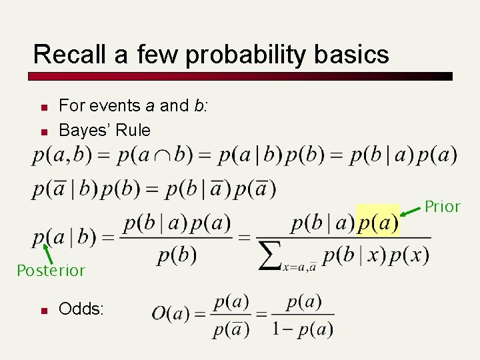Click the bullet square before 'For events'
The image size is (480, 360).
click(42, 107)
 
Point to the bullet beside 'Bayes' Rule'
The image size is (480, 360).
click(42, 131)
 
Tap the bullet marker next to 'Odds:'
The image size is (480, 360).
click(42, 311)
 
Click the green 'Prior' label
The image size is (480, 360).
click(443, 207)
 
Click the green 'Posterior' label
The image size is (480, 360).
click(51, 271)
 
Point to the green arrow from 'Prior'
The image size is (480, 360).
click(412, 211)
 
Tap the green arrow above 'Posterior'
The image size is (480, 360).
click(48, 253)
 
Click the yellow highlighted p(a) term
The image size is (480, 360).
click(378, 222)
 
